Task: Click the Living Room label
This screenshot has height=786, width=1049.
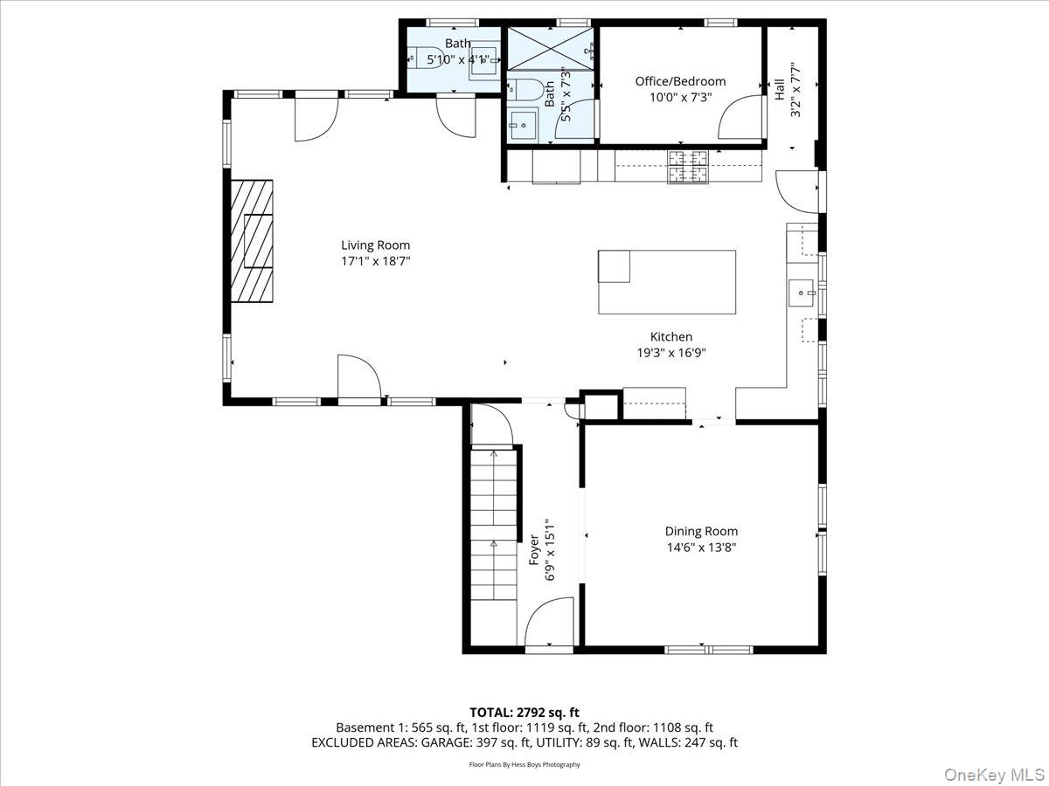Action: click(x=375, y=245)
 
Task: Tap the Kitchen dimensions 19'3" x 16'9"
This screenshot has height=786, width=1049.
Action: click(x=670, y=353)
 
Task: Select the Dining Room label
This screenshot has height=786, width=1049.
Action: click(x=701, y=531)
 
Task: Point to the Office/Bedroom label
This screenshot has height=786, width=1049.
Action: click(x=680, y=81)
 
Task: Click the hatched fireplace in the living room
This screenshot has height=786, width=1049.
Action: click(x=252, y=240)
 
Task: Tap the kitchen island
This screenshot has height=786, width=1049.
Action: click(x=666, y=281)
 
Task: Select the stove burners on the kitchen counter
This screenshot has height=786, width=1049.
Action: click(x=687, y=167)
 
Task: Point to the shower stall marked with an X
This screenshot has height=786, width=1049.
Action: click(x=550, y=47)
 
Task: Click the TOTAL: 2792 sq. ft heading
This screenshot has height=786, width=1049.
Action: click(x=524, y=713)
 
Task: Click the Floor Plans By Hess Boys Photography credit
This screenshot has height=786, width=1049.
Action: click(x=524, y=764)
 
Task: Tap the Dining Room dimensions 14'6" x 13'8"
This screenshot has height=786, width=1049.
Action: click(x=701, y=548)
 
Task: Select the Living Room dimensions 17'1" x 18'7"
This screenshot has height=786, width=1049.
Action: click(x=375, y=261)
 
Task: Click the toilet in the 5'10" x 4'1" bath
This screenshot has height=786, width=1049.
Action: click(x=427, y=59)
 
